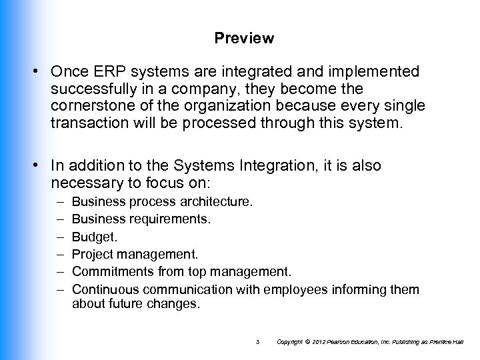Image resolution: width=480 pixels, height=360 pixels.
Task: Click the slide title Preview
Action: pyautogui.click(x=244, y=39)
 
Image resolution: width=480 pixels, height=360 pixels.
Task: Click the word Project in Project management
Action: pyautogui.click(x=92, y=254)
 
